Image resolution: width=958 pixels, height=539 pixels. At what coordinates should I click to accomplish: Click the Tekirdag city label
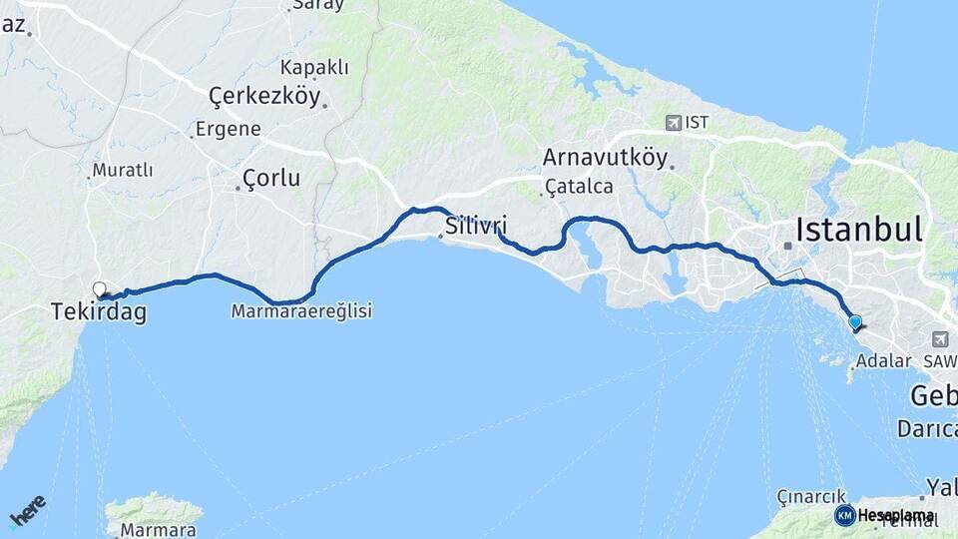coord(99,312)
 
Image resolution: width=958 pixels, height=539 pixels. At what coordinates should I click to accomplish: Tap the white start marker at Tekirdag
coord(100,289)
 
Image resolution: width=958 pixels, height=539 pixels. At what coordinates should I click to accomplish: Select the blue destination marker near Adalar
coord(855,321)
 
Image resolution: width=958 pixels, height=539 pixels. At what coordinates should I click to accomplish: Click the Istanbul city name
coord(858,230)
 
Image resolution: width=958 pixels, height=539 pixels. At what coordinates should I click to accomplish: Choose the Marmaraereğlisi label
coord(301,311)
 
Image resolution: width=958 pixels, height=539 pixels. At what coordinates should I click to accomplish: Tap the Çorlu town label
coord(270,178)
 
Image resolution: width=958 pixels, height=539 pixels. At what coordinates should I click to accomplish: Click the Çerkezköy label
coord(264,96)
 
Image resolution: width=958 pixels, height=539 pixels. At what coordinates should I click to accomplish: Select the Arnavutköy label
coord(605,157)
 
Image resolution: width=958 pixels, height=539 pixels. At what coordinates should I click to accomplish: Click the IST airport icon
coord(674,123)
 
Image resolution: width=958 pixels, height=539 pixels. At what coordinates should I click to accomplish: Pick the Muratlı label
coord(123,170)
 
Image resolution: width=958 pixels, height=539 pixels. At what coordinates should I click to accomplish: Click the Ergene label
coord(229,129)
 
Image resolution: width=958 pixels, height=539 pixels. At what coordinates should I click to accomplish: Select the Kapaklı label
coord(314,67)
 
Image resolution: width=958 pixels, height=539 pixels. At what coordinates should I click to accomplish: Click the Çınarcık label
coord(811,496)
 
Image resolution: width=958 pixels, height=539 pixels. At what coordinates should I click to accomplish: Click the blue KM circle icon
coord(844,515)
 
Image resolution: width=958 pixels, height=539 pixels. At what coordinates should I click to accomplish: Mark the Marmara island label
coord(158,530)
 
